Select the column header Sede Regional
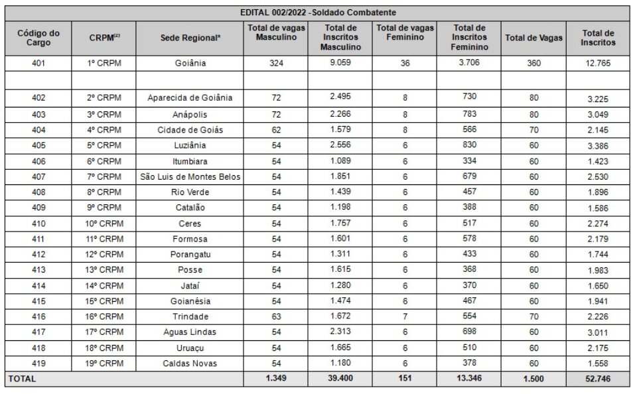[190, 38]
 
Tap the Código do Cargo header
[38, 38]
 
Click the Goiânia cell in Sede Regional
[190, 64]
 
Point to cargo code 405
[38, 145]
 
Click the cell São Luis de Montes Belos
[190, 176]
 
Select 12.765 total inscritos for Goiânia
[598, 64]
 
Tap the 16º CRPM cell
[106, 317]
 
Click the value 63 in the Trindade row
[275, 317]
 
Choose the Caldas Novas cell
[190, 363]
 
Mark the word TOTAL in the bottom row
[22, 379]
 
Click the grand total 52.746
[598, 379]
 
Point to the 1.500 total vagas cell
[533, 379]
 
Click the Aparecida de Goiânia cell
[190, 98]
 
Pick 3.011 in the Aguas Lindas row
[598, 332]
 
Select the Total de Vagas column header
[533, 38]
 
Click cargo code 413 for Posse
[38, 270]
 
